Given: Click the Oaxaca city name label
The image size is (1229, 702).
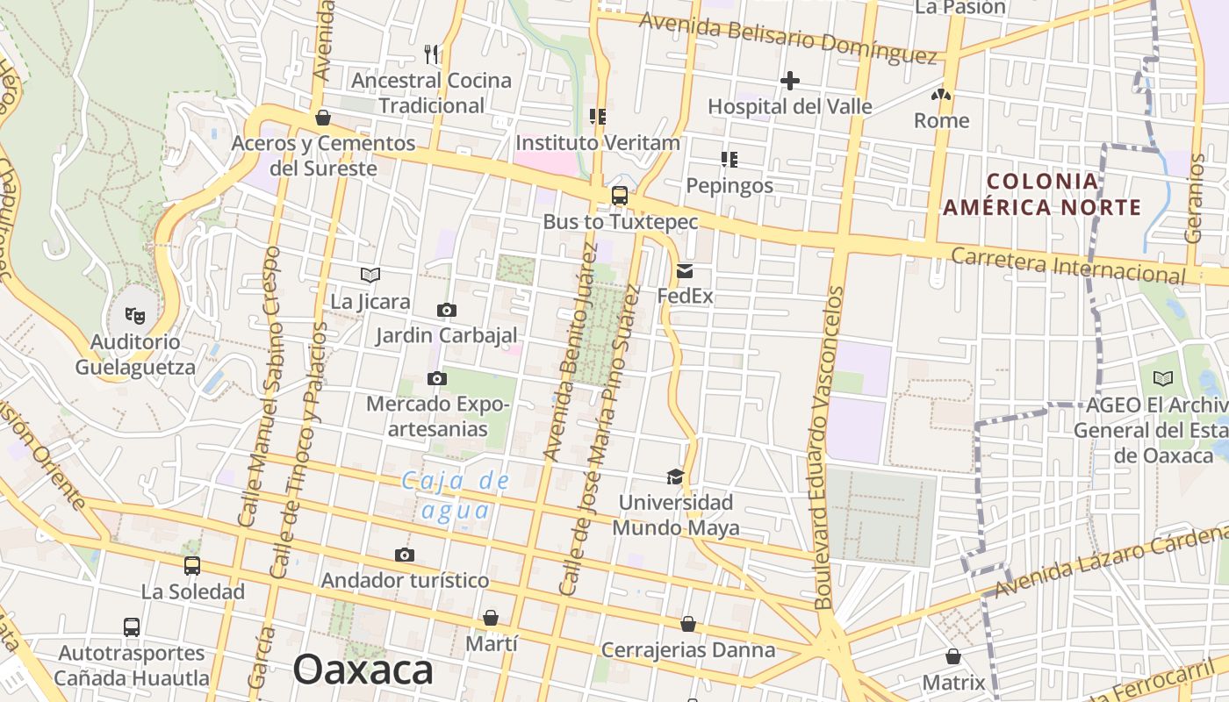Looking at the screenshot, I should click(x=363, y=670).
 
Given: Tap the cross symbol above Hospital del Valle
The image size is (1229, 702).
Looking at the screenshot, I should click(x=789, y=82).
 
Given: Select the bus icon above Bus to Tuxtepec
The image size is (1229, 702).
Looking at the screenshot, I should click(x=620, y=196).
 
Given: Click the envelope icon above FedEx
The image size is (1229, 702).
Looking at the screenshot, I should click(x=685, y=271).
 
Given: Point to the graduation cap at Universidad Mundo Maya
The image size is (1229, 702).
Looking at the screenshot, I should click(x=674, y=476).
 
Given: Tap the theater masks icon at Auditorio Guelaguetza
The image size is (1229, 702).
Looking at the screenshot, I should click(x=134, y=314).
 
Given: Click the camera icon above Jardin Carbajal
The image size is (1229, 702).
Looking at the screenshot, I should click(x=446, y=310).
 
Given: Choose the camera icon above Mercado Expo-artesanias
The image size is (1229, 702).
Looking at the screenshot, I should click(x=436, y=378).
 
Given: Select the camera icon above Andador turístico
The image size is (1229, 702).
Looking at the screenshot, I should click(x=404, y=555).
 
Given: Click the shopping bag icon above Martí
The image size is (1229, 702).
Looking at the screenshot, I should click(x=491, y=618).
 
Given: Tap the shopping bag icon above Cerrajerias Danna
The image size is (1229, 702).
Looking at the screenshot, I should click(x=688, y=624).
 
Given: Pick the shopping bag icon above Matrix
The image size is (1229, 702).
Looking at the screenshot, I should click(x=952, y=656).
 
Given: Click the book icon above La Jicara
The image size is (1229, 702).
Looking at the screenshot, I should click(x=370, y=276).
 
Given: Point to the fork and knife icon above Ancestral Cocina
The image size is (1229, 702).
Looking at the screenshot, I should click(x=431, y=54).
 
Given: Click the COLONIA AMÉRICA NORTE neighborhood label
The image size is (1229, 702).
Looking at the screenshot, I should click(x=1042, y=195).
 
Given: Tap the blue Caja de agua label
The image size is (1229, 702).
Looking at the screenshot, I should click(x=456, y=495).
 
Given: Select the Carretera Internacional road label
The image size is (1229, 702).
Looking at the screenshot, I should click(x=1067, y=264).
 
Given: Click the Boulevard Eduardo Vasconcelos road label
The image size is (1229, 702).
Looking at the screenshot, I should click(x=825, y=448).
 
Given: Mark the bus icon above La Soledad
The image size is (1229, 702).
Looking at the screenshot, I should click(x=192, y=566).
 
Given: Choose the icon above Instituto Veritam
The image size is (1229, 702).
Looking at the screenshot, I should click(x=598, y=117).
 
